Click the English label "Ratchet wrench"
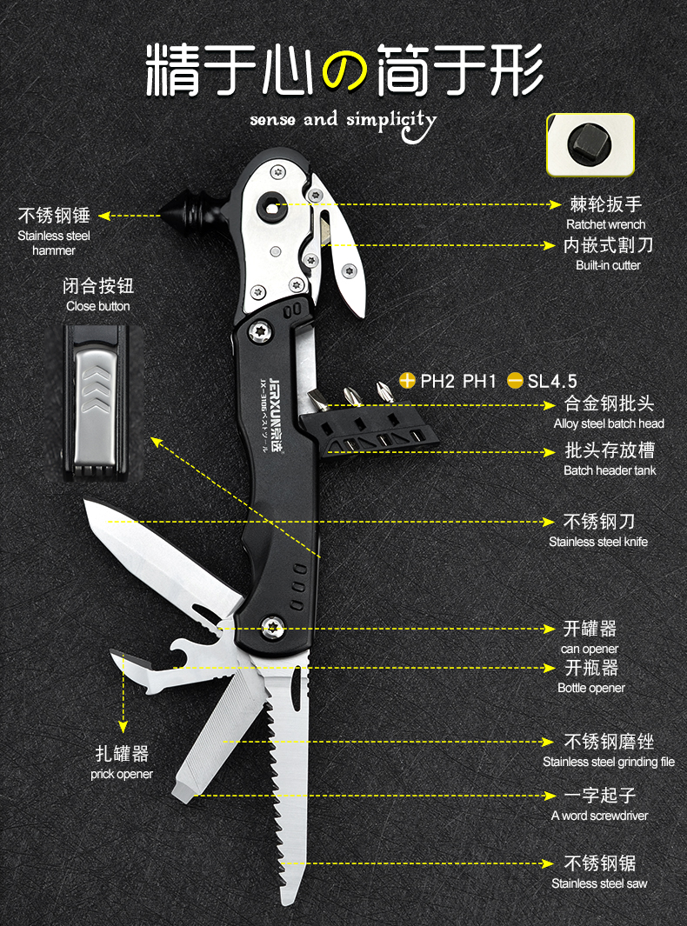[x=605, y=224]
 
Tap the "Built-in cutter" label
[x=608, y=265]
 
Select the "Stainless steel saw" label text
[x=599, y=883]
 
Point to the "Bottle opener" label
[x=591, y=688]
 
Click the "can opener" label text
[x=590, y=649]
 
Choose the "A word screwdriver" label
[x=599, y=816]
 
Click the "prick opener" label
[x=122, y=774]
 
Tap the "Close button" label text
[x=98, y=306]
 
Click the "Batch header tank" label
[x=610, y=470]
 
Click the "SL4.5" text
[x=552, y=381]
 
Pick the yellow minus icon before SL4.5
[x=515, y=381]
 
